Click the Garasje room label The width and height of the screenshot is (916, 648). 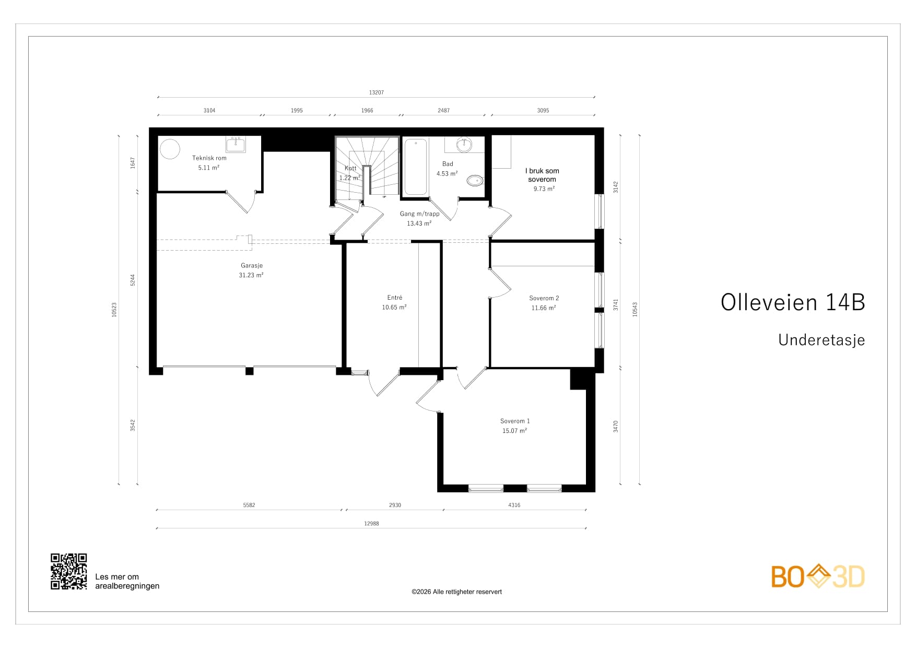click(251, 265)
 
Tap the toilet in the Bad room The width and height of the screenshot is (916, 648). click(475, 181)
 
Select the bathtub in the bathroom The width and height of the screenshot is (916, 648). click(416, 167)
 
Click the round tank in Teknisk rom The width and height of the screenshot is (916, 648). click(170, 149)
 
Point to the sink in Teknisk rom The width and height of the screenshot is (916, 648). click(236, 145)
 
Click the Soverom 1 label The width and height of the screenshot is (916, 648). click(515, 421)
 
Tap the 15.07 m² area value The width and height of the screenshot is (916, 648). click(514, 431)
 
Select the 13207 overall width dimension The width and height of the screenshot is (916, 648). click(376, 92)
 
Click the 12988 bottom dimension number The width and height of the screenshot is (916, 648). click(371, 523)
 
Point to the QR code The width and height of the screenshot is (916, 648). click(69, 572)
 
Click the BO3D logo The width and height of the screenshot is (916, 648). click(818, 576)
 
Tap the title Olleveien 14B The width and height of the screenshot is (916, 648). click(793, 302)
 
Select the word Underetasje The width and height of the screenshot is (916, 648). click(821, 340)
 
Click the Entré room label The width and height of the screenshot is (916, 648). click(395, 298)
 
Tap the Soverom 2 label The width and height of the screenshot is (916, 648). click(544, 298)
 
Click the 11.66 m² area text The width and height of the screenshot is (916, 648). click(544, 308)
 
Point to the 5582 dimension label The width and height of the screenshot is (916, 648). click(249, 505)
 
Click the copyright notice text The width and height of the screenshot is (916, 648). click(456, 592)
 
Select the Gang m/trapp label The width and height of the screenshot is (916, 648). click(420, 214)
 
